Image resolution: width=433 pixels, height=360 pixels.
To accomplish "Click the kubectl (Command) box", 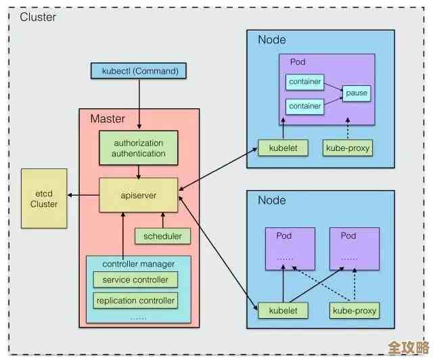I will click(140, 70).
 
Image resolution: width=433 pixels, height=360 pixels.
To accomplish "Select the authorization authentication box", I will click(139, 148).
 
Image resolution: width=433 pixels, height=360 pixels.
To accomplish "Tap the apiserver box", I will click(139, 196).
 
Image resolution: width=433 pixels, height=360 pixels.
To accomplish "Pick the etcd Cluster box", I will click(43, 198).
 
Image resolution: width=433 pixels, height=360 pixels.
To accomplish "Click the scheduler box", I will click(162, 236).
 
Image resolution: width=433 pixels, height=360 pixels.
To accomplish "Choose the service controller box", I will click(135, 280).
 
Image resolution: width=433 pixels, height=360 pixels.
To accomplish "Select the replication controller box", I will click(135, 300).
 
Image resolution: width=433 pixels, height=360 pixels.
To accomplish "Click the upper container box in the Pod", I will click(304, 83).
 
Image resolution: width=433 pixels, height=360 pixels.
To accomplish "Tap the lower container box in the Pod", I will click(304, 106).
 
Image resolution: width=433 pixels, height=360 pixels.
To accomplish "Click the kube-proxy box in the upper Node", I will click(348, 148).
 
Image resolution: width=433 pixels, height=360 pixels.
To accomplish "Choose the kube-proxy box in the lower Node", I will click(355, 311).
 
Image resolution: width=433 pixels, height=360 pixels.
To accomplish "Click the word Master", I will click(108, 119).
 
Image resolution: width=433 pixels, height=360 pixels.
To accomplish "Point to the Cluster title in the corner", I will click(38, 17).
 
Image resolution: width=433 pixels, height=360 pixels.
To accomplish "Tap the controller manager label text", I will click(138, 263).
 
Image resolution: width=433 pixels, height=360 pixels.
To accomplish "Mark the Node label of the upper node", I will click(271, 40).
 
